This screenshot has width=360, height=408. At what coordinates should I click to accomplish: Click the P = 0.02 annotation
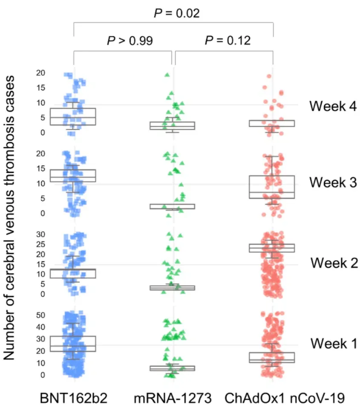(176, 13)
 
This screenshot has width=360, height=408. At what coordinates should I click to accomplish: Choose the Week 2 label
(334, 263)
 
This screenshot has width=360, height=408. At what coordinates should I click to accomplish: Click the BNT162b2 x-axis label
(74, 398)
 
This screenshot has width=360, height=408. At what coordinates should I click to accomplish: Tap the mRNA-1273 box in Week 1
(173, 368)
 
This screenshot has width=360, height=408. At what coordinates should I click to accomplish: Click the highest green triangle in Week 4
(167, 75)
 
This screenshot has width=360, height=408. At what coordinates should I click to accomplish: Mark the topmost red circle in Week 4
(269, 77)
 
